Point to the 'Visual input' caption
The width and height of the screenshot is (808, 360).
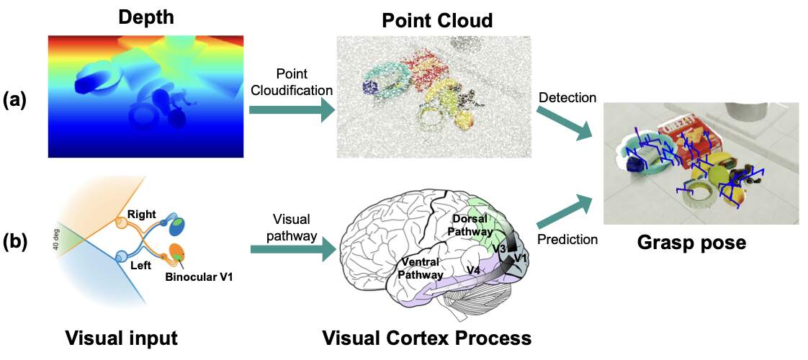[122, 337]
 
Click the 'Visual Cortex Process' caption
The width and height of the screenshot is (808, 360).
[427, 337]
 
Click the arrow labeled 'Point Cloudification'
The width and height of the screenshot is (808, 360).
[291, 110]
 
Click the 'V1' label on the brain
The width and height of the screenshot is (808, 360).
[521, 257]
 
